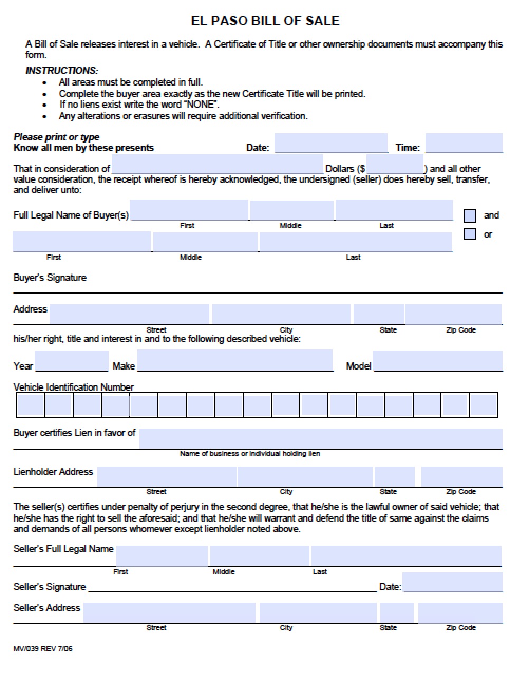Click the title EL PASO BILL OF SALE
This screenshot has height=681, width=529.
tap(264, 21)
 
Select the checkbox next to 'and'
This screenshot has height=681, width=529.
tap(469, 215)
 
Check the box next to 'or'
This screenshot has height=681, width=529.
tap(469, 234)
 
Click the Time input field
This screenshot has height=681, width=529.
tap(464, 143)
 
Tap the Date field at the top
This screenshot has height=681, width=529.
tap(330, 143)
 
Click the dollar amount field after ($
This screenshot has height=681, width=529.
tap(394, 164)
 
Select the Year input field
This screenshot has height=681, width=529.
tap(71, 361)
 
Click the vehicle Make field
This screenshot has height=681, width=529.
tap(235, 361)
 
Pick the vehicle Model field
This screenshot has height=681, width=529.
tap(438, 361)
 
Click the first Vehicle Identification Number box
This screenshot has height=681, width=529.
tap(31, 405)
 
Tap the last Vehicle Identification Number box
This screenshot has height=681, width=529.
tap(483, 405)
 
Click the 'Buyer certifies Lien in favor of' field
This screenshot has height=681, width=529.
tap(320, 438)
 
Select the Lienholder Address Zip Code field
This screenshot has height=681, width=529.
tap(461, 476)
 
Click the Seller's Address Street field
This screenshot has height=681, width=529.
tap(169, 613)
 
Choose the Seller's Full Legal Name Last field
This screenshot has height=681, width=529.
tap(406, 556)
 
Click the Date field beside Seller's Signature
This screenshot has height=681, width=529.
tap(452, 582)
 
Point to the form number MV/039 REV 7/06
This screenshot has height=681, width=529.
tap(43, 649)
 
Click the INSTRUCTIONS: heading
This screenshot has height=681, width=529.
tap(62, 70)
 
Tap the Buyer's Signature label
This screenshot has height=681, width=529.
tap(50, 278)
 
